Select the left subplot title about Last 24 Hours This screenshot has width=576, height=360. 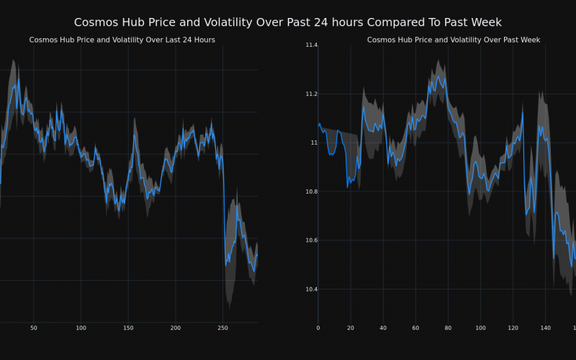tap(122, 40)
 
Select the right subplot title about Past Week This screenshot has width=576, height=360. tap(454, 40)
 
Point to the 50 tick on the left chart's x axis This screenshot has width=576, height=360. tap(34, 328)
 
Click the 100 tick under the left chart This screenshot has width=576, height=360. tap(81, 328)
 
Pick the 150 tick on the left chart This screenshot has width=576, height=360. tap(128, 328)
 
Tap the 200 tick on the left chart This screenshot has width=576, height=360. tap(176, 328)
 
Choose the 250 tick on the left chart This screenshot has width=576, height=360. tap(222, 328)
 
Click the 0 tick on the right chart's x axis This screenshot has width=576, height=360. tap(318, 328)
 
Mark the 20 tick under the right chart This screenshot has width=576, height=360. tap(351, 328)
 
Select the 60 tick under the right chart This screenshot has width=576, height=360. tap(415, 328)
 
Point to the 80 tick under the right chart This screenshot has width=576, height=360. tap(448, 328)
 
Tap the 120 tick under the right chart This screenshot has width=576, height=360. tap(513, 328)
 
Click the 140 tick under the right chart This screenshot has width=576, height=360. tap(545, 328)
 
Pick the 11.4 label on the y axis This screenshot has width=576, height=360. tap(311, 45)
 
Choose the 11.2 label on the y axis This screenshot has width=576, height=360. tap(311, 94)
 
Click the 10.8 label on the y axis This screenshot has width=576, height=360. tap(311, 192)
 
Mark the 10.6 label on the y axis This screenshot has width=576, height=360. tap(311, 240)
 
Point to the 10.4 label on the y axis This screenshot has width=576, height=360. tap(311, 289)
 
